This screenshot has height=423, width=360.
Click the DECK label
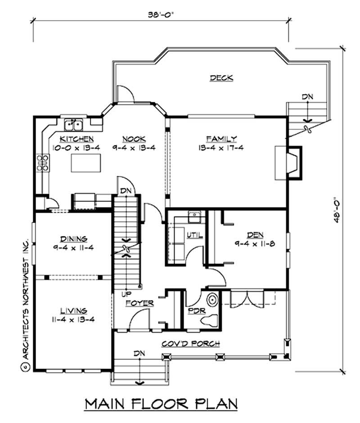click(221, 78)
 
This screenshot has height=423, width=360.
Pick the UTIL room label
click(197, 235)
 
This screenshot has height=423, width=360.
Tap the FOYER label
click(139, 303)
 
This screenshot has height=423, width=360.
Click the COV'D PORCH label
click(191, 344)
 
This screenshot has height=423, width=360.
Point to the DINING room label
click(72, 238)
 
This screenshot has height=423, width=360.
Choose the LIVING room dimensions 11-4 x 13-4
click(73, 319)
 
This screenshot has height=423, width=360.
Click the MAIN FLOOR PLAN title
click(161, 404)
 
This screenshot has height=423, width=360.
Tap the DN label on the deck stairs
click(307, 96)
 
